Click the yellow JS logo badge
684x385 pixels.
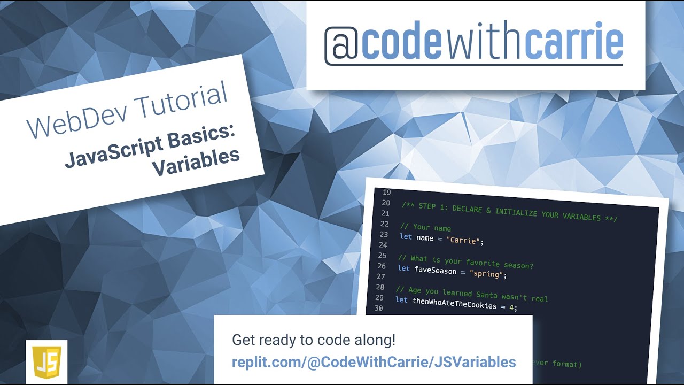point(46,361)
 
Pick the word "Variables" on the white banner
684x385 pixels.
point(196,163)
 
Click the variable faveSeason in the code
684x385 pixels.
point(436,271)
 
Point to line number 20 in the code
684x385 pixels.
point(386,203)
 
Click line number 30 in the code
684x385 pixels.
point(378,308)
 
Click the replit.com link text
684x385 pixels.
point(374,362)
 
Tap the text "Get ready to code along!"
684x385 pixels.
point(314,340)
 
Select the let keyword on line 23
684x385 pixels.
point(406,236)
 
